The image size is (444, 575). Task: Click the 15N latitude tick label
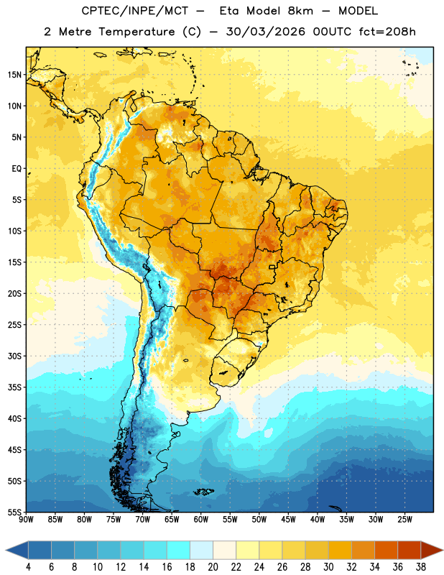pos(14,75)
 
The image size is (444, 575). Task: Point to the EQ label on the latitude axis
pos(17,169)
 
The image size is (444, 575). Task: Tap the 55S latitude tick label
pos(14,512)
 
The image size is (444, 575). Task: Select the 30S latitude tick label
pos(14,356)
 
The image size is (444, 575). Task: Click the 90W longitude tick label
pos(26,519)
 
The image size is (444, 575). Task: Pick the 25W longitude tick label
pos(404,519)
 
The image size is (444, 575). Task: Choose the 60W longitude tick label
pos(201,519)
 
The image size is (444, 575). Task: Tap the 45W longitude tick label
pos(288,519)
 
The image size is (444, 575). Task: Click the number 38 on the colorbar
pos(420,567)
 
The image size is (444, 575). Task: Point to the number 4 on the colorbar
pos(28,567)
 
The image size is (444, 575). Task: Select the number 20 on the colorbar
pos(213,567)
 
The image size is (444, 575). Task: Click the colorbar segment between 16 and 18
pos(179,550)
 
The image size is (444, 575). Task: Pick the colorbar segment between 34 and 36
pos(386,550)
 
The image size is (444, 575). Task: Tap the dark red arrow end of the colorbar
pos(431,550)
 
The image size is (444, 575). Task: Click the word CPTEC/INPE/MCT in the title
pos(135,11)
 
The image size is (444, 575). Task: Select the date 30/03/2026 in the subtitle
pos(266,32)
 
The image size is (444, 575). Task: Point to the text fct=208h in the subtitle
pos(387,32)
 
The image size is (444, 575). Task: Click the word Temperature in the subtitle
pos(137,32)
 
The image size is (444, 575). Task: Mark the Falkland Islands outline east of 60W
pos(203,492)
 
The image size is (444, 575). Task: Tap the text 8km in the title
pos(300,11)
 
